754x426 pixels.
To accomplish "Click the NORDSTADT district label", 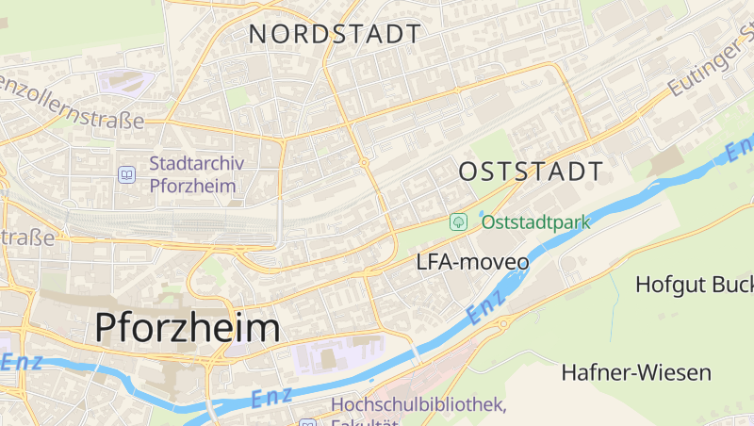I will point(335,34).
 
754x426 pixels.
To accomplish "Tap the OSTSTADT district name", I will point(531,172).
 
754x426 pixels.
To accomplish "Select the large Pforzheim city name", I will point(188,328).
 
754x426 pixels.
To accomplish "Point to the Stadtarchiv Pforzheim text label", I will point(196,174).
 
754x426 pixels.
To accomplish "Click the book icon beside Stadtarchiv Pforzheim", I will point(126,174).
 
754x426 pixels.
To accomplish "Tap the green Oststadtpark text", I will point(535,222).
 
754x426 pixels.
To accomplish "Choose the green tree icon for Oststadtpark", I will point(458,222).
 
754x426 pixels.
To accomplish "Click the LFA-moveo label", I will point(472,262).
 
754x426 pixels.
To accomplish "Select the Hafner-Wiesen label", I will point(636,372).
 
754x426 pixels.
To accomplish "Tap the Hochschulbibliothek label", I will point(418,405).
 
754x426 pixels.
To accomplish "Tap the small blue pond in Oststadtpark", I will point(483,214).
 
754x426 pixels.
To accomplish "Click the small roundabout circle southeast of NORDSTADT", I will point(364,163).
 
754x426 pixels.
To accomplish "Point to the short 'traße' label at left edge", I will point(26,237).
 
